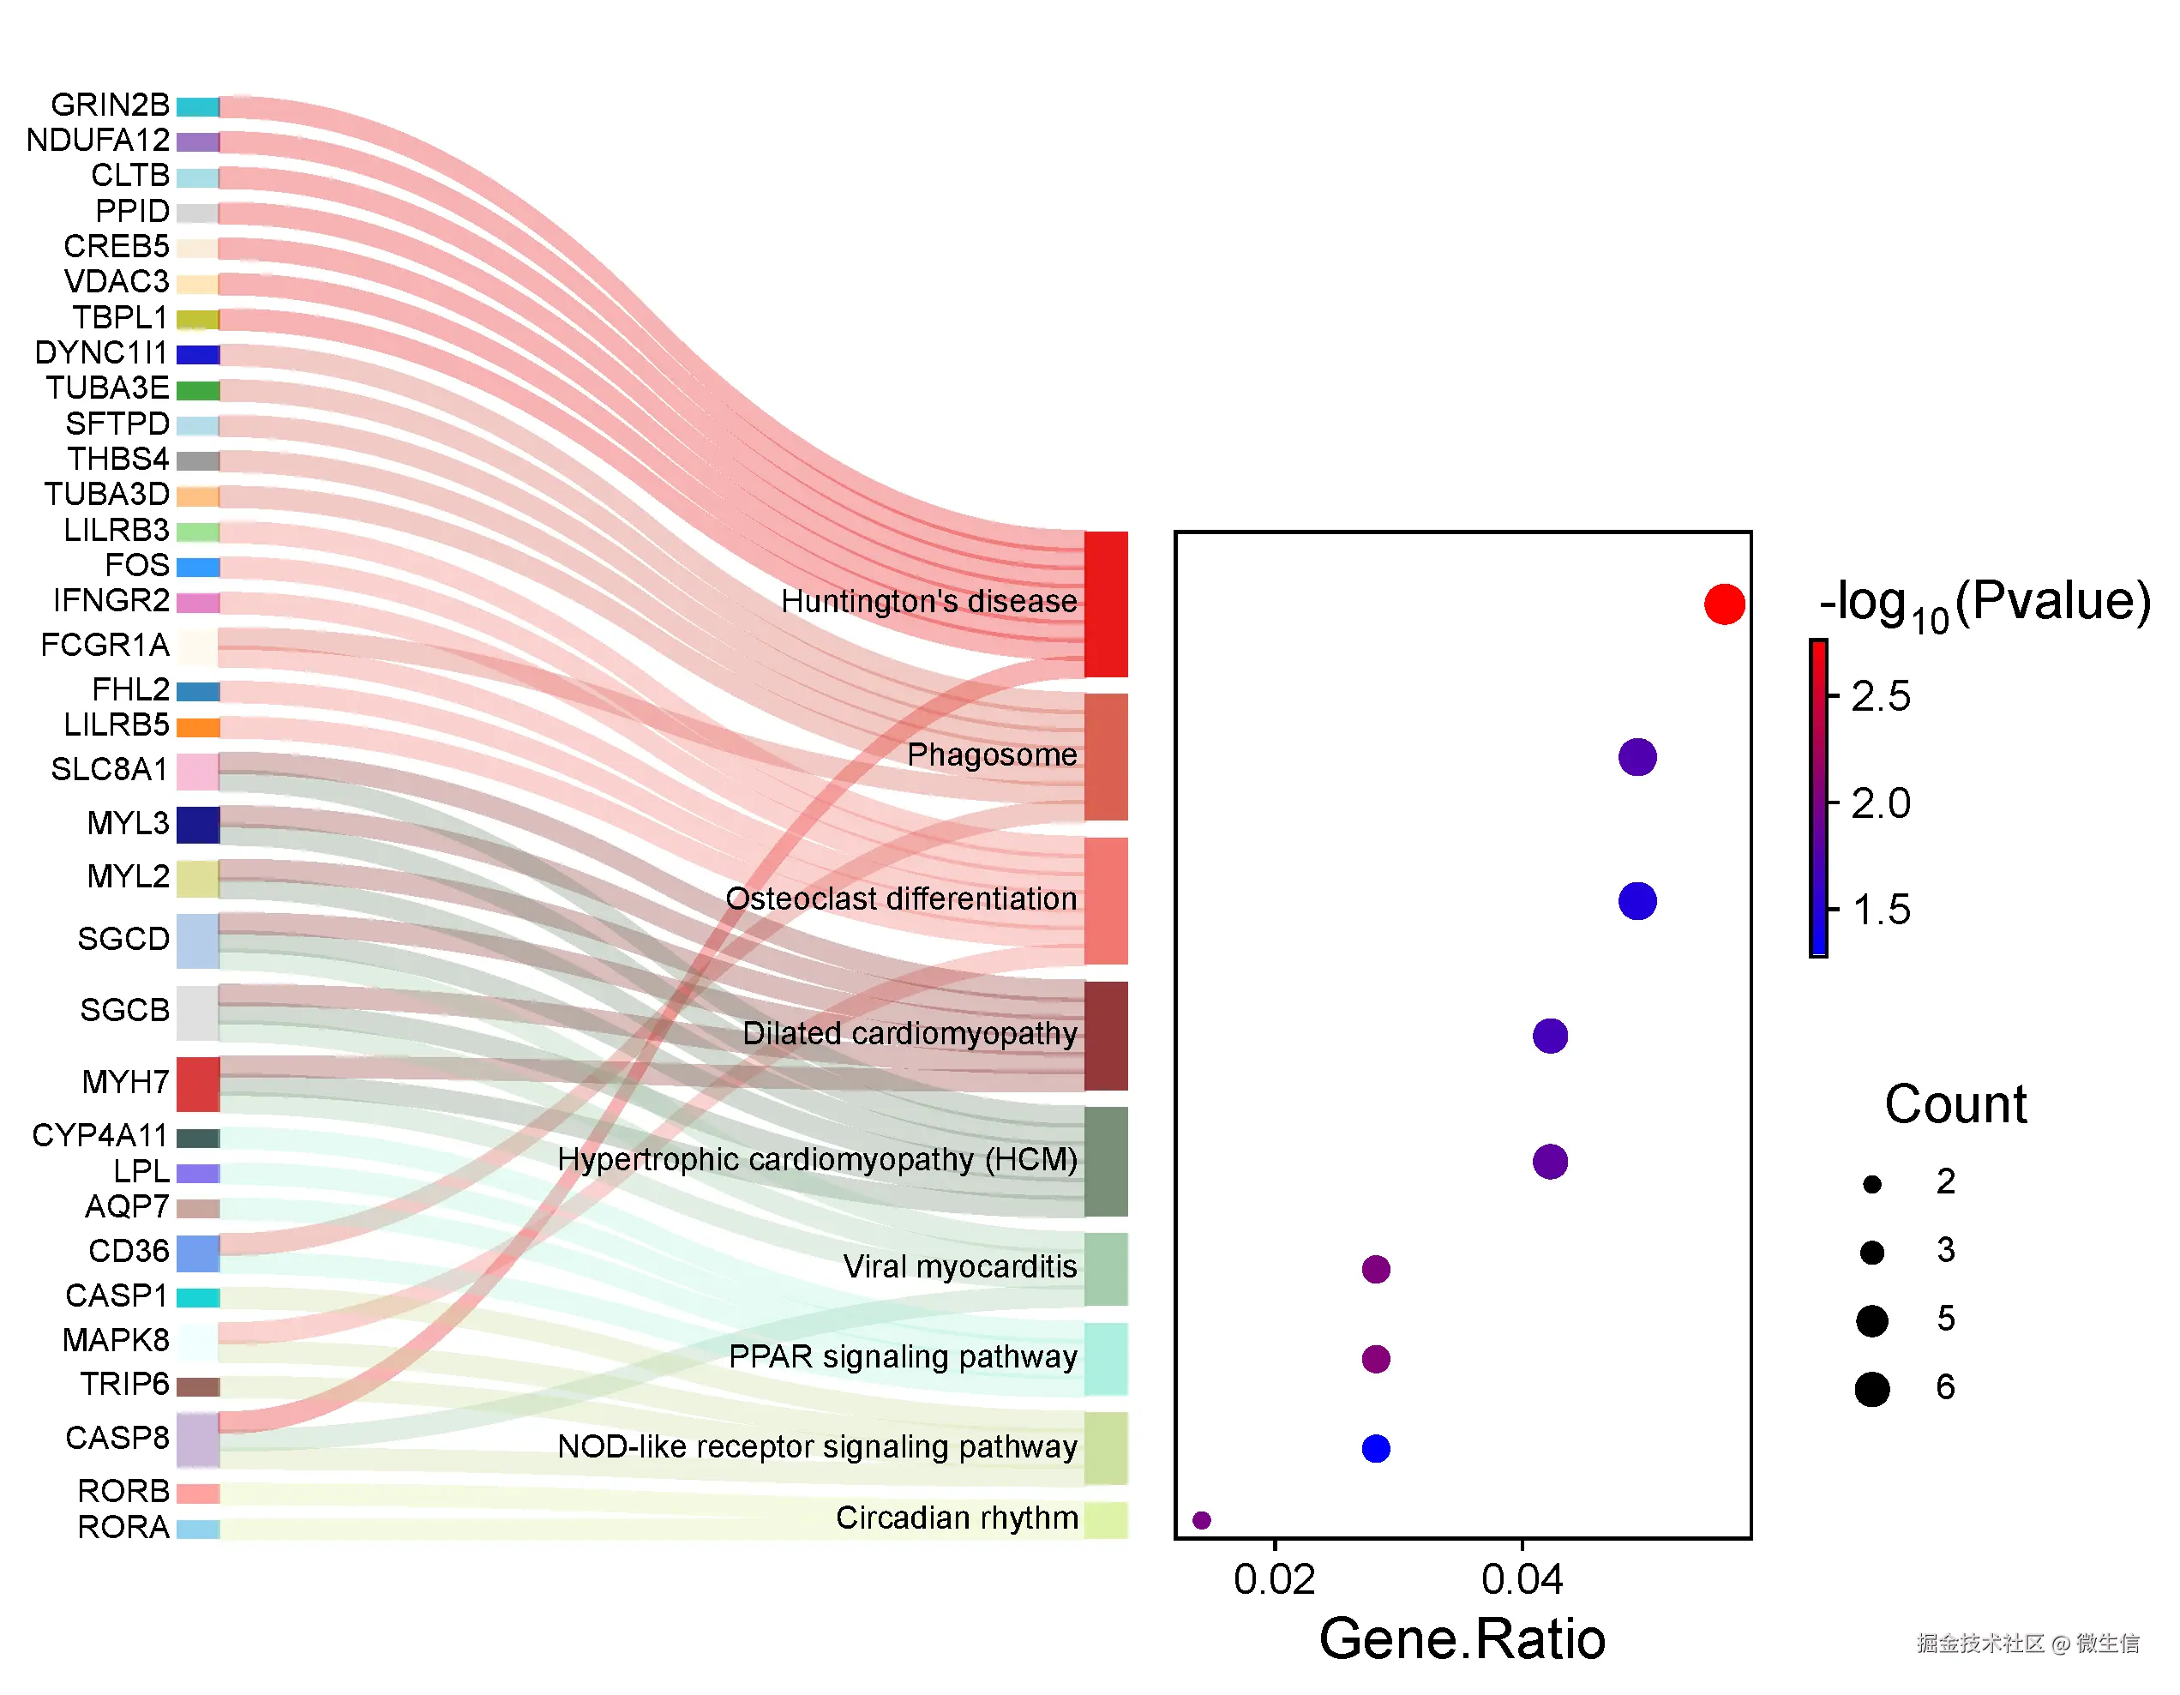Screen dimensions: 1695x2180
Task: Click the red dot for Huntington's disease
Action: [x=1724, y=604]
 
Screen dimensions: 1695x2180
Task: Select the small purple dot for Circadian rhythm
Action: [x=1202, y=1519]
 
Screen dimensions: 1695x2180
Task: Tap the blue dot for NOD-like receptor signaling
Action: [x=1376, y=1447]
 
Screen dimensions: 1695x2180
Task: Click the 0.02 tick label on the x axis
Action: [x=1274, y=1579]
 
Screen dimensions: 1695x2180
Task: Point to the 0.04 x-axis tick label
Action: [x=1522, y=1579]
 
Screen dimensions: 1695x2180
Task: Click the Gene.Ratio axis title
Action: [x=1462, y=1639]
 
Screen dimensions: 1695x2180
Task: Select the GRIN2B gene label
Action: [x=110, y=105]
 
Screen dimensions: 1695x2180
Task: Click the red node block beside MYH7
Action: [x=198, y=1083]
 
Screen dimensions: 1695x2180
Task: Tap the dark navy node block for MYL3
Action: [x=198, y=825]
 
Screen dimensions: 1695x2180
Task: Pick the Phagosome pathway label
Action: [x=991, y=754]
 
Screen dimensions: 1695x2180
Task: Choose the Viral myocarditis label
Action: [x=959, y=1267]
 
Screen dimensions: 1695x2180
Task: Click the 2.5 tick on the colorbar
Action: [x=1880, y=696]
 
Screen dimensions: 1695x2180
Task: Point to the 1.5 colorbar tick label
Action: [x=1880, y=910]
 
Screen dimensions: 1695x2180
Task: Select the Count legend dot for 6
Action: [x=1871, y=1389]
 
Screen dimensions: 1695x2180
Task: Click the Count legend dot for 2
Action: [x=1871, y=1184]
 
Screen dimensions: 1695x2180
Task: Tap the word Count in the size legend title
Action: [x=1955, y=1104]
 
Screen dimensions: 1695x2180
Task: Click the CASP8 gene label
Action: [x=117, y=1438]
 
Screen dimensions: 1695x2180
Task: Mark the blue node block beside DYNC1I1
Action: [x=198, y=354]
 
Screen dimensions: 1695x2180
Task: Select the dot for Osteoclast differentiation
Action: [x=1637, y=900]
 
